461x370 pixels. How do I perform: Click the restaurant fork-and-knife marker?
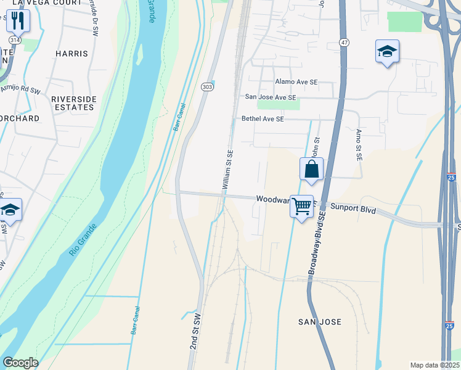click(x=18, y=20)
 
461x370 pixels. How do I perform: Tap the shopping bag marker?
click(x=311, y=169)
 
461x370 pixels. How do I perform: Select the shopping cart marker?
click(x=301, y=207)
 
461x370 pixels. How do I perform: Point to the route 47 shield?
click(x=344, y=41)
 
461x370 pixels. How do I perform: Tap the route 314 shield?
click(x=14, y=39)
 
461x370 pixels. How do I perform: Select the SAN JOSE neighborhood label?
click(x=319, y=322)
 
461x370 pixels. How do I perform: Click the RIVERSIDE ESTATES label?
click(x=73, y=103)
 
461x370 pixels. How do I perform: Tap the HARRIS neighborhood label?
click(x=71, y=54)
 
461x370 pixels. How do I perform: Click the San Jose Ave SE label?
click(x=271, y=97)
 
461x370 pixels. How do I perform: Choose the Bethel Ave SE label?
click(x=263, y=119)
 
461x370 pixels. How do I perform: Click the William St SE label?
click(x=227, y=170)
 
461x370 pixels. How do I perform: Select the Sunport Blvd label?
click(x=353, y=210)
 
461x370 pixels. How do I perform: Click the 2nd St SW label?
click(x=195, y=333)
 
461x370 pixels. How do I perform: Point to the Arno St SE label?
click(x=358, y=145)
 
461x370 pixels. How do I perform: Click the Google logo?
click(x=20, y=363)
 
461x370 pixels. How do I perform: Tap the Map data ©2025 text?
click(x=434, y=365)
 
